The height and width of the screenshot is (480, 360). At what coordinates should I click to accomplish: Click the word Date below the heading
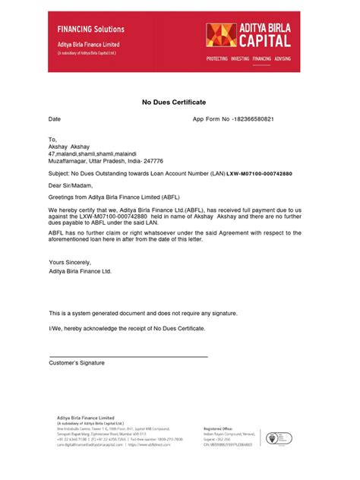point(55,120)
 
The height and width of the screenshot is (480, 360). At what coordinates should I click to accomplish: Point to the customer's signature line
point(128,356)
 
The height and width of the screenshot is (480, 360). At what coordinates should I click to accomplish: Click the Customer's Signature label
point(77,363)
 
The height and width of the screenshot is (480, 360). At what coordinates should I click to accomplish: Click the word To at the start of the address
point(52,141)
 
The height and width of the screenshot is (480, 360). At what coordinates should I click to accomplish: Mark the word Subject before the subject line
point(61,174)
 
